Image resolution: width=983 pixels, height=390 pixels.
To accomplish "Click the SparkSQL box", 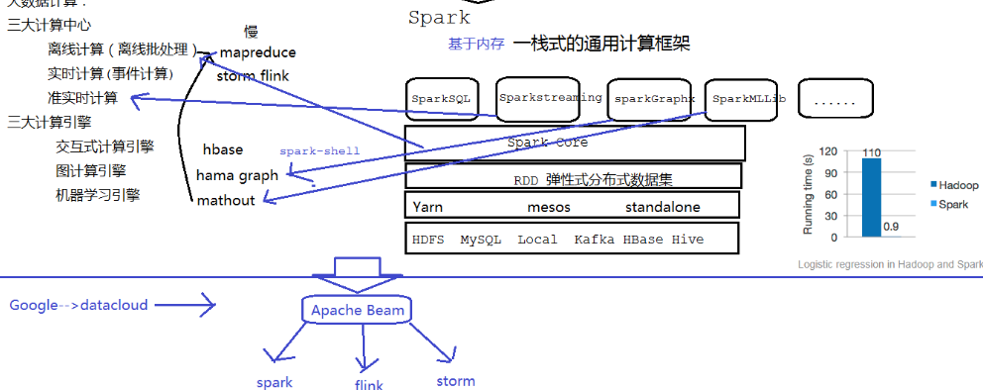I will pos(442,99).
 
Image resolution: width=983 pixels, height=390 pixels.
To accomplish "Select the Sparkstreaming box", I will pos(550,98).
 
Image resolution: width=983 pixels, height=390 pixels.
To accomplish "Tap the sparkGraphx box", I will pos(654,99).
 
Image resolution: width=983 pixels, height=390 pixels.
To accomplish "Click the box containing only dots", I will pos(834,100).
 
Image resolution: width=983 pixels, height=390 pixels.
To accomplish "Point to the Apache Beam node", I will pos(357,310).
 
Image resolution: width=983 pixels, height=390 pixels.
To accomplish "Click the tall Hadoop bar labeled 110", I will pos(871,198).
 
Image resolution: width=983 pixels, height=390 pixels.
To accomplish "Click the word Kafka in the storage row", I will pos(594,240).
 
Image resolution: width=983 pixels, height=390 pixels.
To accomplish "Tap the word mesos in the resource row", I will pos(548,207).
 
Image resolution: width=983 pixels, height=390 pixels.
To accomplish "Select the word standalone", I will pos(662,207).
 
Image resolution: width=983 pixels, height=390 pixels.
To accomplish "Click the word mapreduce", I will pos(258,52).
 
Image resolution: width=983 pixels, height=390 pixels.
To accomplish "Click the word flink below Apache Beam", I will pos(368,385).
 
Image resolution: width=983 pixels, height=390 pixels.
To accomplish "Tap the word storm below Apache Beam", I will pos(455,381).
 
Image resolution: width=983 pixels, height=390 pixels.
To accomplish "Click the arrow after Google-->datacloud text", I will pos(192,306).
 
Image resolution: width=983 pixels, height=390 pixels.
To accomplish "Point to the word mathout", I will pos(226,200).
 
